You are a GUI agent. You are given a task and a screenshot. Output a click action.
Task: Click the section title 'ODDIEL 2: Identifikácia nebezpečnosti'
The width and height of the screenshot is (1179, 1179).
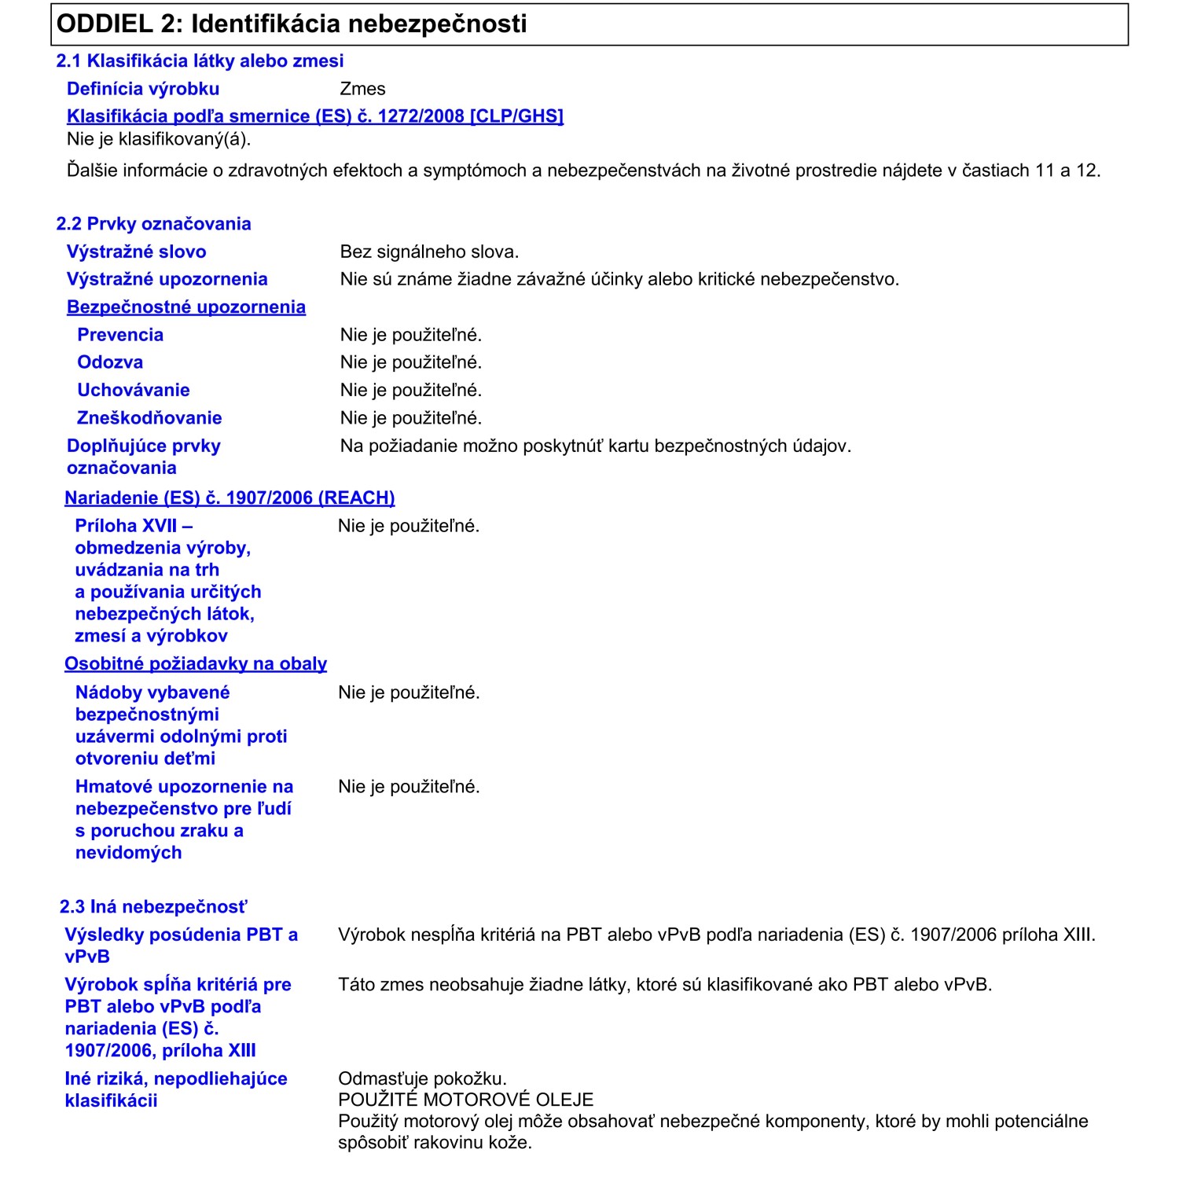coord(292,24)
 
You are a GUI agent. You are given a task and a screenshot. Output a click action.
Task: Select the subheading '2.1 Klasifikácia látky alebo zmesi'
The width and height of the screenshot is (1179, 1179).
coord(200,61)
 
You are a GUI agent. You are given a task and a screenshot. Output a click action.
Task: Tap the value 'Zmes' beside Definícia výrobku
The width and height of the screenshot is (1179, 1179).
coord(362,89)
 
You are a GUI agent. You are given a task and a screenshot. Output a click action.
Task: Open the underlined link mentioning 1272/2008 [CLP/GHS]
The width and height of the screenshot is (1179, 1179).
coord(314,116)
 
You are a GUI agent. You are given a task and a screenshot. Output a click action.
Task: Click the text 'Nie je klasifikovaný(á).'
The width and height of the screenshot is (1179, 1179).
coord(159,140)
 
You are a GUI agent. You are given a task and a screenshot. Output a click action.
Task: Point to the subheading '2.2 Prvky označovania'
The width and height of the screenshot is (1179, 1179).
coord(153,224)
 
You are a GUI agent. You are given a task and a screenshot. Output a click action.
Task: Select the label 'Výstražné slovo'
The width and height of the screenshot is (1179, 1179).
coord(136,252)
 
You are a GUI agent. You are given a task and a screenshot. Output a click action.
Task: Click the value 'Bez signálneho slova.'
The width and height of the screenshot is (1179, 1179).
coord(429,252)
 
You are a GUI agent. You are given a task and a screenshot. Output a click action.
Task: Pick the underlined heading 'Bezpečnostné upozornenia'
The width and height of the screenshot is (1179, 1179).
coord(185,307)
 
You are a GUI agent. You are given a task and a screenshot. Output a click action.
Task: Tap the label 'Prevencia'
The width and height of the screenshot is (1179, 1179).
coord(120,335)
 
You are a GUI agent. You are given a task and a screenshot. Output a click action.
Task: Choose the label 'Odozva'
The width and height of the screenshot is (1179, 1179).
coord(110,362)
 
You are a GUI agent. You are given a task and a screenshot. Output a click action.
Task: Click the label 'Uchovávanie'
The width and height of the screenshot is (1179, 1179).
coord(134,391)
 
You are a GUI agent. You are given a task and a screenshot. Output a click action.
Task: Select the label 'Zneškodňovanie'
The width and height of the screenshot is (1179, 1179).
coord(149,418)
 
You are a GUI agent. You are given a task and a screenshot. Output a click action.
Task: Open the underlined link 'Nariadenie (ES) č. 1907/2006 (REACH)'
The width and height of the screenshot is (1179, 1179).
coord(230,498)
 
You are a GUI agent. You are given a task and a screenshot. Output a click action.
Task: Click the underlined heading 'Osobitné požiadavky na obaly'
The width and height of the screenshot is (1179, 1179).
coord(196,664)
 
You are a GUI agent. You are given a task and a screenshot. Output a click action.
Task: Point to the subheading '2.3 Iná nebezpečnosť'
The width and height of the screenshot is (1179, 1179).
coord(153,907)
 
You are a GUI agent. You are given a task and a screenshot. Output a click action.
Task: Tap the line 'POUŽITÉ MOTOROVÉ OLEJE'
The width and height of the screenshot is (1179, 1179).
coord(465,1100)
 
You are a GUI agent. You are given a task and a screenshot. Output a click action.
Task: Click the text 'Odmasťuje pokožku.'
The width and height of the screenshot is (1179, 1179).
coord(422,1079)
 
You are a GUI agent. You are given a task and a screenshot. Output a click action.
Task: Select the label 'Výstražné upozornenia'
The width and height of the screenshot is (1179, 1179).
coord(167,280)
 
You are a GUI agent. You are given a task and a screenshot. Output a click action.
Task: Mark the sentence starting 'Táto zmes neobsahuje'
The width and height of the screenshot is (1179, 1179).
coord(664,985)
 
